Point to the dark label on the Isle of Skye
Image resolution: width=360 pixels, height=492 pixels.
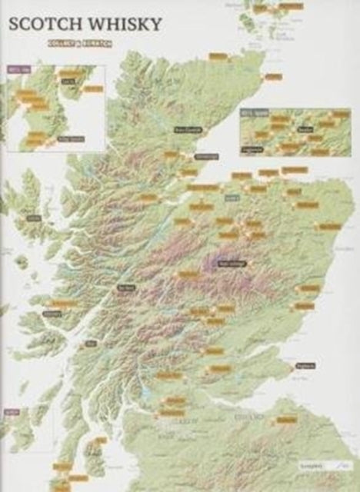click(x=33, y=218)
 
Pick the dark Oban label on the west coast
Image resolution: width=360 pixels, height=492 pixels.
click(x=92, y=344)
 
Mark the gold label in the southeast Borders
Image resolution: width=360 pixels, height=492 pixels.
click(x=286, y=420)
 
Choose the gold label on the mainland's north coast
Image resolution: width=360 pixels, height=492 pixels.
click(x=218, y=56)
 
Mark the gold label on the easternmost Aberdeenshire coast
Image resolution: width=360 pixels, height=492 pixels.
click(x=328, y=227)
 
